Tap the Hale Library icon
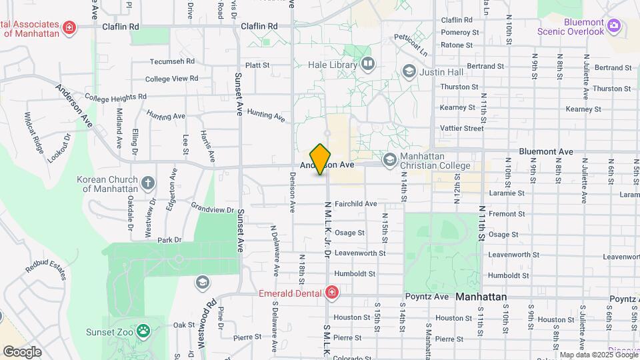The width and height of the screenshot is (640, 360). (x=368, y=64)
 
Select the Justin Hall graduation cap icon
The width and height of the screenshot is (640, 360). (x=409, y=71)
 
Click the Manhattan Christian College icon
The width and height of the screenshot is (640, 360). (x=389, y=160)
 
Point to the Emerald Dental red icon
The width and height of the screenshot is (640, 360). (x=331, y=293)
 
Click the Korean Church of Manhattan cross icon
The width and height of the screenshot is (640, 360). (x=148, y=182)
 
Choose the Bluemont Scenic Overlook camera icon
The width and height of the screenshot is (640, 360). (x=614, y=27)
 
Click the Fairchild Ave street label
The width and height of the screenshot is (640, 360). (x=356, y=203)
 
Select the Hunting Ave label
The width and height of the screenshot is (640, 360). (x=266, y=115)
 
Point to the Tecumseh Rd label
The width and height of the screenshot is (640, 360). (x=172, y=61)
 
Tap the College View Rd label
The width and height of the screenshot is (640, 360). (x=172, y=78)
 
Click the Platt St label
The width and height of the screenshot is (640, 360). (x=257, y=65)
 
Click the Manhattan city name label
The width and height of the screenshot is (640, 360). (x=481, y=297)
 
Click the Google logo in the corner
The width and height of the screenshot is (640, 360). (x=22, y=351)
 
